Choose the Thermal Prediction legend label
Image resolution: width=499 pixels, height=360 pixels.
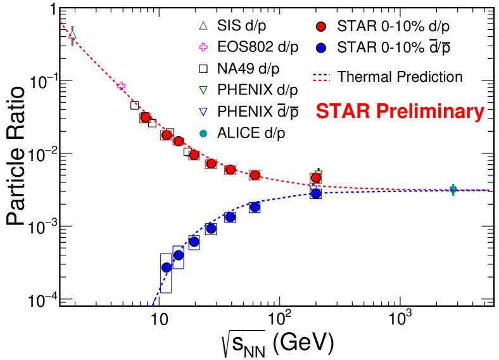point(400,77)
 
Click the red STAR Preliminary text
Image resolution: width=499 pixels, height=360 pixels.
point(400,112)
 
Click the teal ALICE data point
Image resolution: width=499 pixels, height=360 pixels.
point(453,189)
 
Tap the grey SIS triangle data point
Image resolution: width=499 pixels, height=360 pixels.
point(72,35)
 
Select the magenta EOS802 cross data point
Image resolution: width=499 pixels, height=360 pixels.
point(122,86)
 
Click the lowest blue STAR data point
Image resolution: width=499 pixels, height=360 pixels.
point(167,267)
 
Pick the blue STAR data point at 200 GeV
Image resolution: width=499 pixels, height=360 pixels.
point(316,193)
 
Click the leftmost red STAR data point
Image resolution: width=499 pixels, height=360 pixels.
point(145,117)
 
